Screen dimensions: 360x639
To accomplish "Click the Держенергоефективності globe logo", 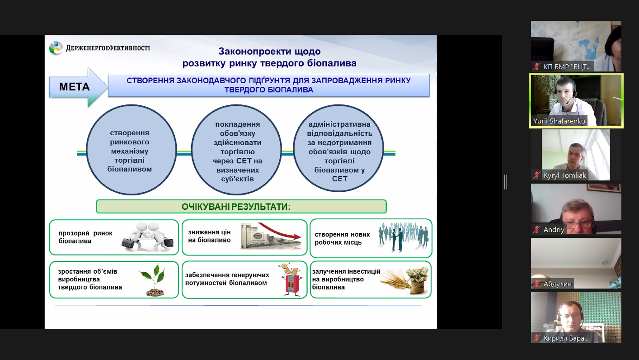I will pyautogui.click(x=56, y=48).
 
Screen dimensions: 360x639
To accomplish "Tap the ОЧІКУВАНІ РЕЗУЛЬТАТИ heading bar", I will pyautogui.click(x=241, y=207).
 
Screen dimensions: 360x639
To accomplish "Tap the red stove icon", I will pyautogui.click(x=289, y=280).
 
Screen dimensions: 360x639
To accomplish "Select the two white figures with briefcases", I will pyautogui.click(x=147, y=237).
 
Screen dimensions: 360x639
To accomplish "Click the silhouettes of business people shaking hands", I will pyautogui.click(x=403, y=236).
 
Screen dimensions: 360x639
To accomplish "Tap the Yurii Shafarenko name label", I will pyautogui.click(x=559, y=121).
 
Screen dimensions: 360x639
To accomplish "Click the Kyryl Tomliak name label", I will pyautogui.click(x=565, y=175).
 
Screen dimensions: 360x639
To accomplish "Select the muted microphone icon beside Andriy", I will pyautogui.click(x=537, y=230).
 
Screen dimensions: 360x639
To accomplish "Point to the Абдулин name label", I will pyautogui.click(x=557, y=284).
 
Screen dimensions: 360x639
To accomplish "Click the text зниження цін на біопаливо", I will pyautogui.click(x=209, y=236).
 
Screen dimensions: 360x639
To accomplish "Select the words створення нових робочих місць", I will pyautogui.click(x=342, y=238).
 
